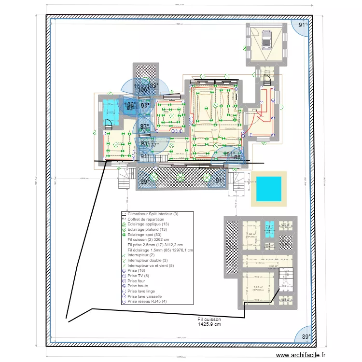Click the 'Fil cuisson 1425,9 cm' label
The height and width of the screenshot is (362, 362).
tap(209, 322)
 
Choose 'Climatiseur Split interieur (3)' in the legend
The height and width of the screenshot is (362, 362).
tap(152, 214)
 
